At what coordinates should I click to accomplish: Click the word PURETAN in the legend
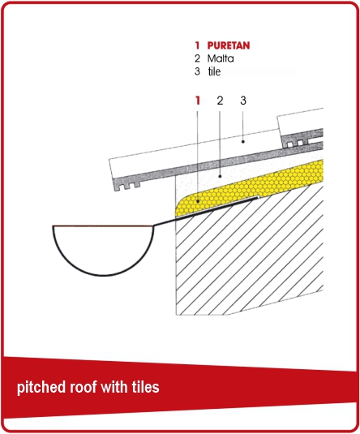tap(229, 45)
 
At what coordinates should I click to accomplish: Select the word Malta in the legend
tap(221, 58)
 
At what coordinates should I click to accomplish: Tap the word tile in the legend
tap(214, 71)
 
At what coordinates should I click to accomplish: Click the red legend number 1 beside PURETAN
tap(197, 45)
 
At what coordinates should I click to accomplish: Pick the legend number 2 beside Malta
tap(197, 58)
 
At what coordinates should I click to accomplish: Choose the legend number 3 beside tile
tap(197, 71)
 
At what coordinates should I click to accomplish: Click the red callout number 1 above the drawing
tap(198, 101)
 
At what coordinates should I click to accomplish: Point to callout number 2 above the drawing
tap(220, 101)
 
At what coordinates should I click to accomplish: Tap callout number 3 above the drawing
tap(243, 101)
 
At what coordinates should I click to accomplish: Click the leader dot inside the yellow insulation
tap(198, 201)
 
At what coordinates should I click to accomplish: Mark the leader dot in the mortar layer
tap(220, 176)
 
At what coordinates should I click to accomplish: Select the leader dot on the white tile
tap(243, 141)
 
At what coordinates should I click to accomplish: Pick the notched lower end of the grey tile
tap(127, 185)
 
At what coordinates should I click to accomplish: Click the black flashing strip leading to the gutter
tap(205, 212)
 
